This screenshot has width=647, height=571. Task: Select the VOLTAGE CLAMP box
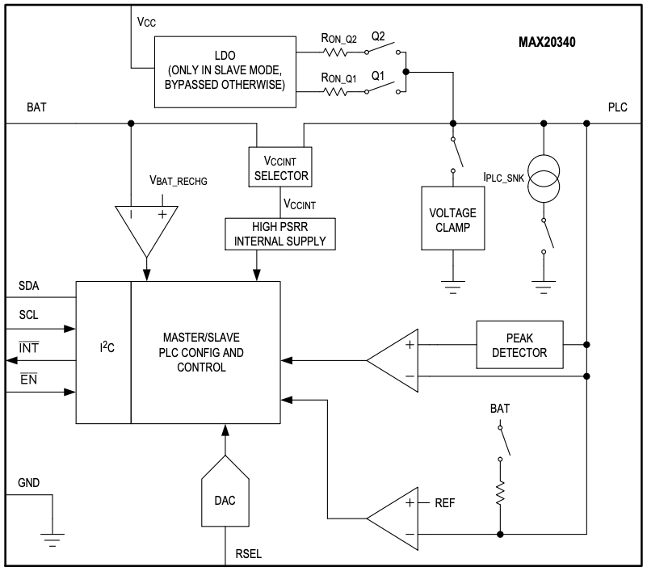[452, 220]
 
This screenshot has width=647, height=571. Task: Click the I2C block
[103, 353]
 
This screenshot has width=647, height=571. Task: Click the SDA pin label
[31, 287]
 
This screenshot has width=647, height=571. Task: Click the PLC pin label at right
[618, 107]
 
